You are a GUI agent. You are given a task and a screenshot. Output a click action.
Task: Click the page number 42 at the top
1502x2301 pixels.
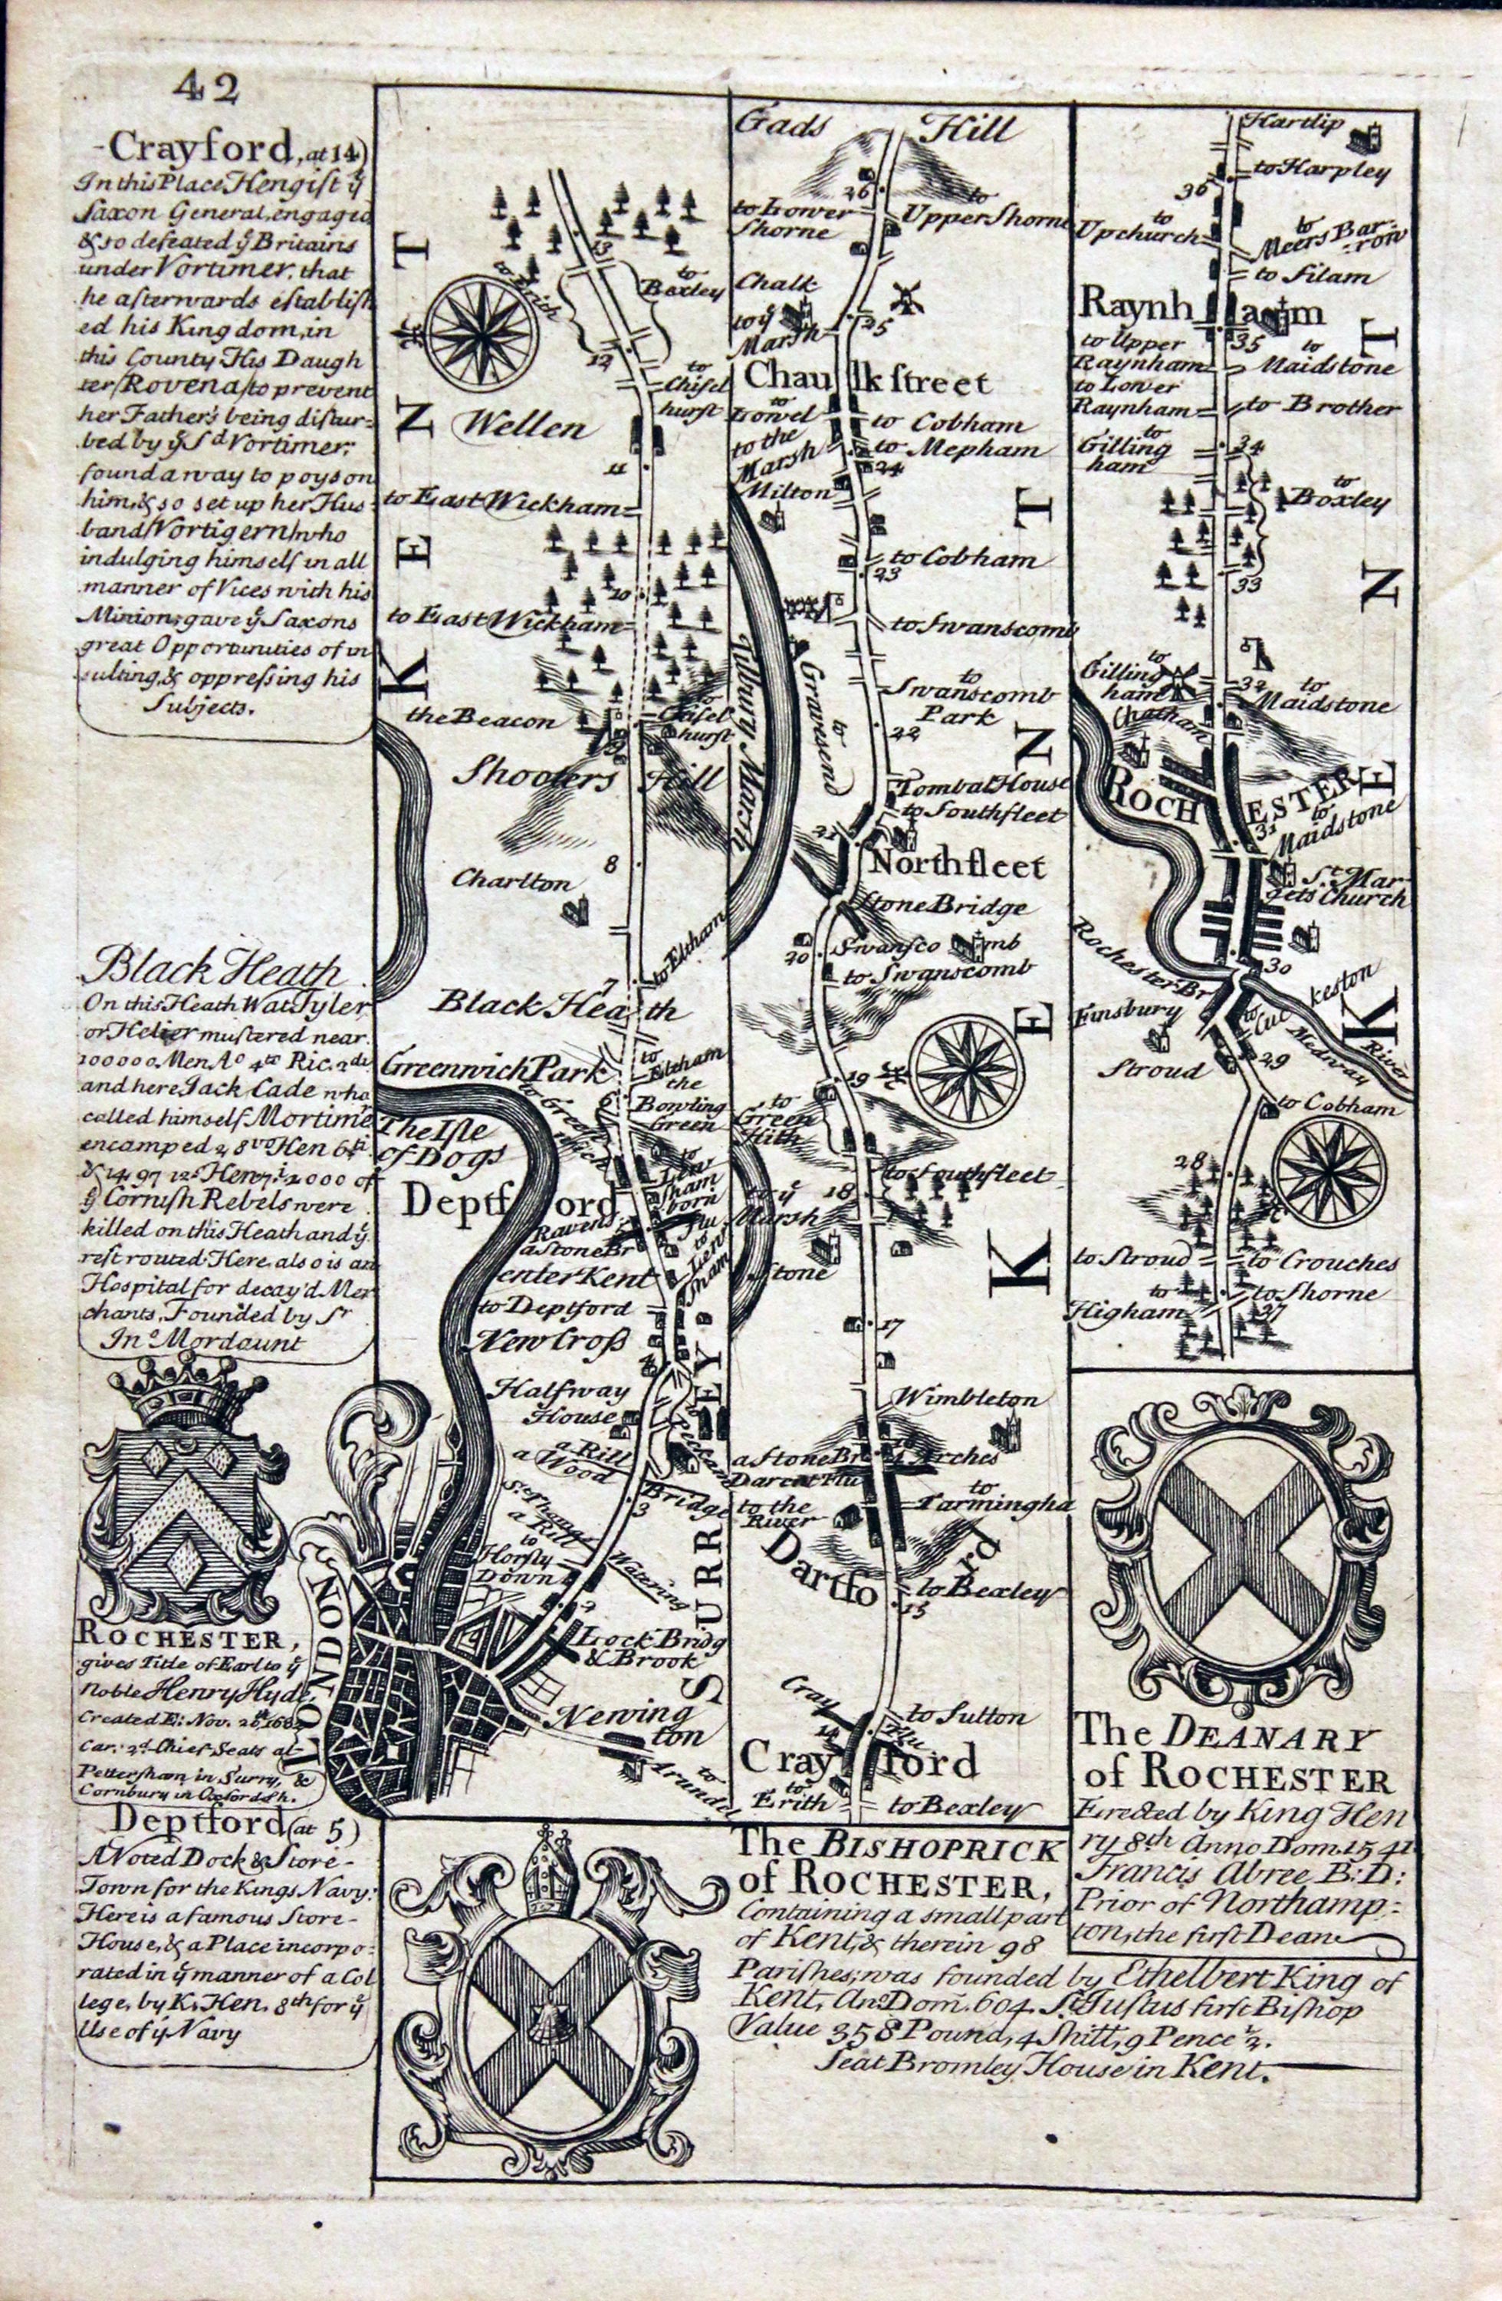[x=205, y=89]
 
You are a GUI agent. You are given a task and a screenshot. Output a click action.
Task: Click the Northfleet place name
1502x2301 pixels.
[x=957, y=865]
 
